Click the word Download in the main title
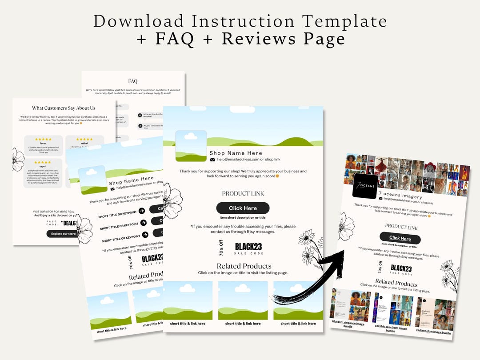[x=138, y=21]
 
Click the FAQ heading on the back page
[x=133, y=81]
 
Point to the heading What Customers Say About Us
[x=64, y=108]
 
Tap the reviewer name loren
[x=43, y=144]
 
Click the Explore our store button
[x=64, y=234]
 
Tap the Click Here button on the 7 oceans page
[x=400, y=238]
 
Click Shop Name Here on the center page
[x=236, y=153]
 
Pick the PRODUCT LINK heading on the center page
[x=243, y=194]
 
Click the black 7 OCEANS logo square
[x=365, y=186]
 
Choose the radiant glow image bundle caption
[x=433, y=332]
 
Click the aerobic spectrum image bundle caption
[x=391, y=329]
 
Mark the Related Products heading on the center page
[x=243, y=266]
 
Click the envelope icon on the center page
[x=212, y=160]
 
